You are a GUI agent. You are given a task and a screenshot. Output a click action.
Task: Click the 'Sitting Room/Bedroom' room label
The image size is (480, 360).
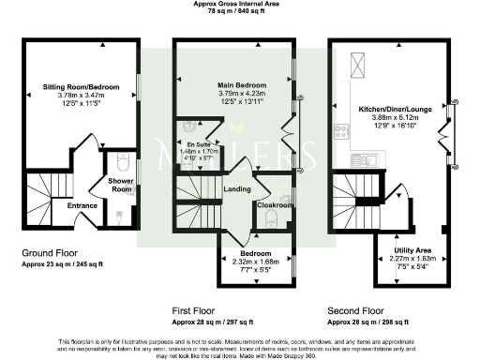coord(79,85)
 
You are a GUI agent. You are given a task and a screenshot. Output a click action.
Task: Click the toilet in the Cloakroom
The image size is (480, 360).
coord(272,220)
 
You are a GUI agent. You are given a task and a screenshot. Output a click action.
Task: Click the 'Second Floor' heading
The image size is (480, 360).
coord(354,308)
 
